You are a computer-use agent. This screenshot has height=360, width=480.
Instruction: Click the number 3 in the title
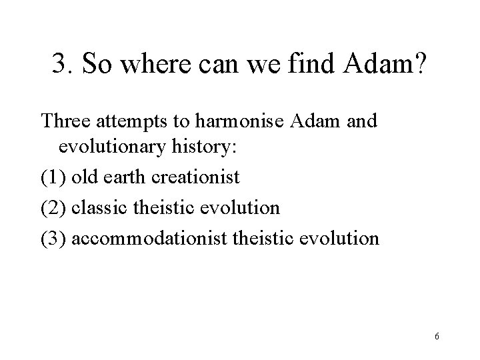59,66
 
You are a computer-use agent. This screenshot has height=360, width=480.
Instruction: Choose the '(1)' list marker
53,178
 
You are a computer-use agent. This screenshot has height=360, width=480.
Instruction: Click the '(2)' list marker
53,207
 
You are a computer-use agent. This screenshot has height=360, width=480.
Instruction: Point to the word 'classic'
95,207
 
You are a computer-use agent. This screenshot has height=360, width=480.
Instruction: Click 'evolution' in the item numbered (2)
239,207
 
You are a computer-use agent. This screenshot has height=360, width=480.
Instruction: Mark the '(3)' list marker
53,237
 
